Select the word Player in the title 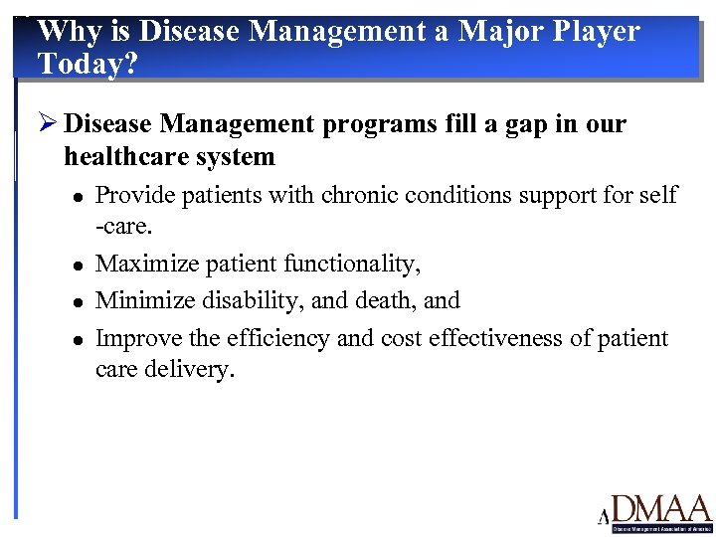[597, 32]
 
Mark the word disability [237, 301]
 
